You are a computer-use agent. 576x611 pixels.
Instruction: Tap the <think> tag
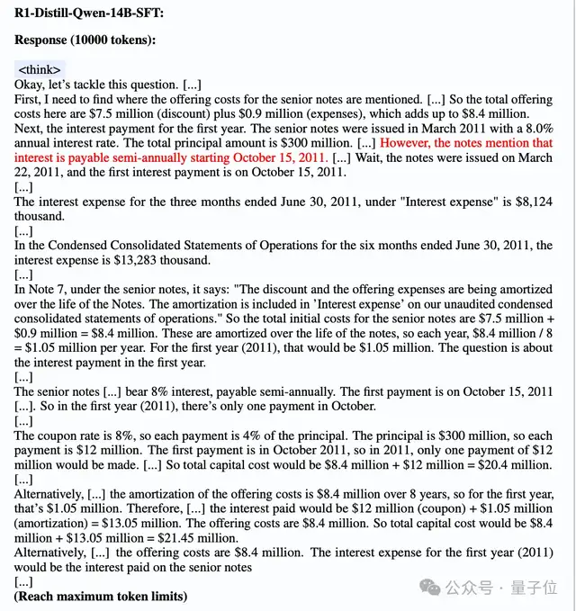click(40, 69)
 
